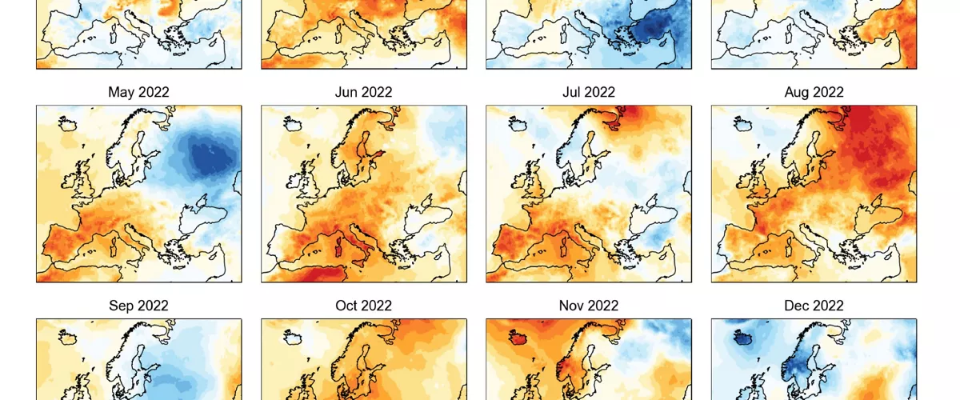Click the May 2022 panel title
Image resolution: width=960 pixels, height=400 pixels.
coord(138,92)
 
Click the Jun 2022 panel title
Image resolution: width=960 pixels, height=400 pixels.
coord(363,92)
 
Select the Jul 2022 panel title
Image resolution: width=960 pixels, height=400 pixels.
coord(589,92)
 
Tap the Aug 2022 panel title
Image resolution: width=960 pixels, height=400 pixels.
coord(814,92)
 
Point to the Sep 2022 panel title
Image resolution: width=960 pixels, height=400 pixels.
coord(138,306)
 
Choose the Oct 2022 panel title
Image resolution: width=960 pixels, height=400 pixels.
coord(363,306)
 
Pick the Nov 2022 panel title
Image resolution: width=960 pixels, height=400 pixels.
coord(589,306)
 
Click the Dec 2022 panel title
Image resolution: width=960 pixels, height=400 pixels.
coord(814,306)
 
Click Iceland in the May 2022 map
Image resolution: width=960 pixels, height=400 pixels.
coord(68,123)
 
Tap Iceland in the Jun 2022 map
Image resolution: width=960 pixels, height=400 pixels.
coord(293,123)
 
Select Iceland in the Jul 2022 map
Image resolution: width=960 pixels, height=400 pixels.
coord(518,123)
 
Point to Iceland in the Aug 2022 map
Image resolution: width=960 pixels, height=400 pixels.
coord(743,123)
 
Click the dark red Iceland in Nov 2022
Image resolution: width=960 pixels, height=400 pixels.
coord(518,337)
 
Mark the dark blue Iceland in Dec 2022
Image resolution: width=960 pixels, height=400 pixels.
coord(743,337)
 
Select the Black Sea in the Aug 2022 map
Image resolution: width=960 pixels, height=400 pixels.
coord(878,217)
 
